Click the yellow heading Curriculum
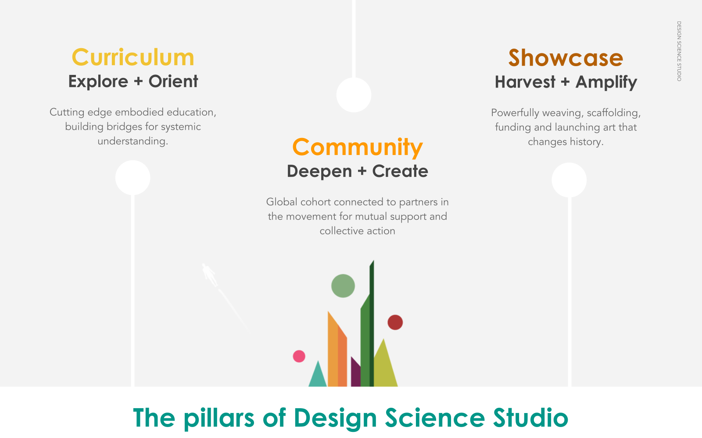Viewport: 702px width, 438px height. click(133, 57)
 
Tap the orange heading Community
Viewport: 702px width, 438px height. click(357, 147)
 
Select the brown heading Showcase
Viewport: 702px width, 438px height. click(566, 58)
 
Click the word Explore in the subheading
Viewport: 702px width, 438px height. click(98, 81)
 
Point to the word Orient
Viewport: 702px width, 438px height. click(173, 81)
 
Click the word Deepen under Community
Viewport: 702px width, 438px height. click(319, 171)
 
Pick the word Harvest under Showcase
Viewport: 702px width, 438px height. click(525, 82)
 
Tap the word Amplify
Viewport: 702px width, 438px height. click(606, 82)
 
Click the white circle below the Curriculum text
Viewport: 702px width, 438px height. click(133, 177)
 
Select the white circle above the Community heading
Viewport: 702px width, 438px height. click(354, 95)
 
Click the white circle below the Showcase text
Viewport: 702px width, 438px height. click(569, 180)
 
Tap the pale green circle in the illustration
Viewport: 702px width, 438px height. click(343, 286)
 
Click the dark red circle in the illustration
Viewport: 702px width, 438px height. click(395, 322)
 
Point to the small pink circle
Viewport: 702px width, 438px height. click(299, 356)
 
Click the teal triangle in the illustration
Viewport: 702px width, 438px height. click(318, 377)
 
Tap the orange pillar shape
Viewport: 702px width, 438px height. click(336, 355)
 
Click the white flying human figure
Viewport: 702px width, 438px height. click(209, 274)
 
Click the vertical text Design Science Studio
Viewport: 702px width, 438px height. click(679, 51)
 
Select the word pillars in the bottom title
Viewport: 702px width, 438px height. click(219, 418)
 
